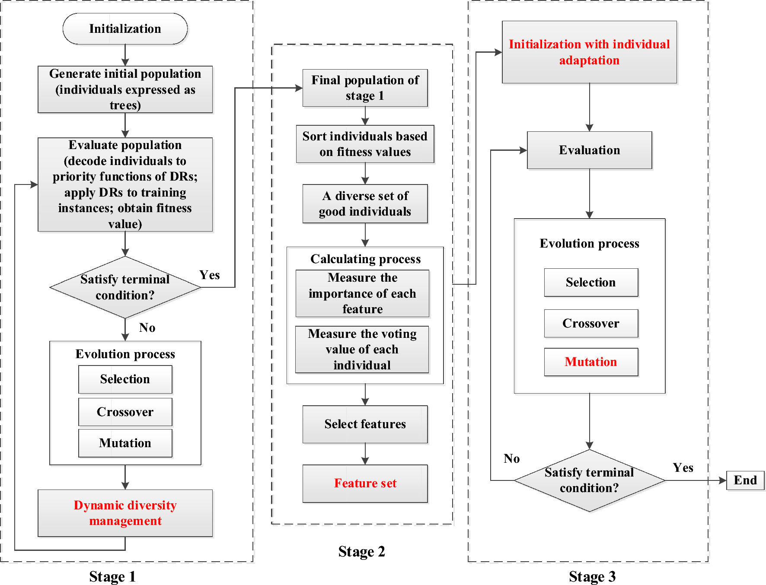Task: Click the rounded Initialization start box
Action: [125, 29]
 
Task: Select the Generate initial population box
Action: [125, 89]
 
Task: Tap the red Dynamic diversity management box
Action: [125, 513]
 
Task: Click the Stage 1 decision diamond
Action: [125, 287]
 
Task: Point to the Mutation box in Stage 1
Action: [125, 443]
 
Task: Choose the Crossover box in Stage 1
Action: [125, 412]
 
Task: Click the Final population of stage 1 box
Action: [365, 88]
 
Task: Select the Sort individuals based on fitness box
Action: [365, 144]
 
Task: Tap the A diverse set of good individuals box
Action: [365, 203]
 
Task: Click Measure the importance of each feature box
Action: [362, 293]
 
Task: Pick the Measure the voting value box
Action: [362, 349]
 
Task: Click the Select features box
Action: [365, 424]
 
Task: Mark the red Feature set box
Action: [365, 483]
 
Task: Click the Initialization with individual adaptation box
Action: [589, 52]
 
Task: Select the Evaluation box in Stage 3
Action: [589, 150]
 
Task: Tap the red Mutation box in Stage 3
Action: [591, 362]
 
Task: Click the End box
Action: [745, 480]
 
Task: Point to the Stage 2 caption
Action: [361, 551]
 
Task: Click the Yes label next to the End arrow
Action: [683, 467]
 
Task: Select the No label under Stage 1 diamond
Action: [147, 327]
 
